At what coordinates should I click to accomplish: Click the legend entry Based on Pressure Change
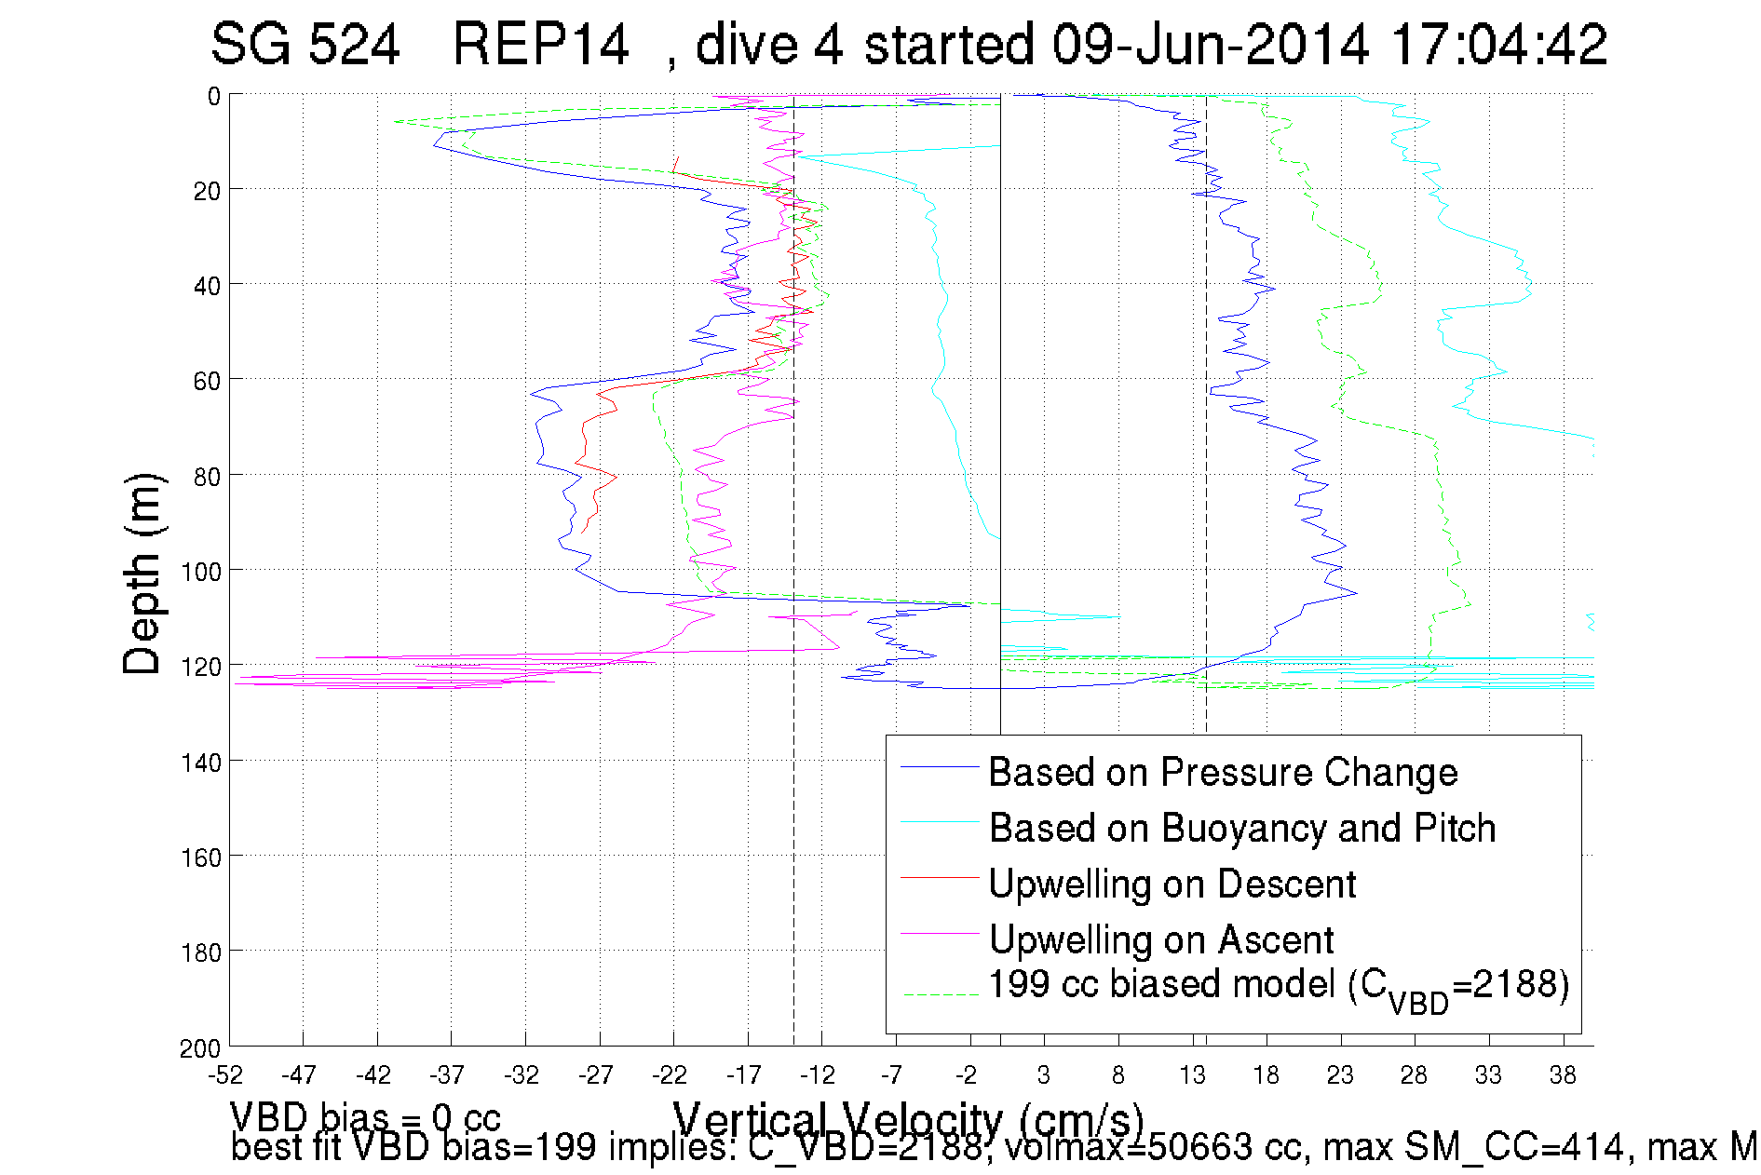[x=1222, y=773]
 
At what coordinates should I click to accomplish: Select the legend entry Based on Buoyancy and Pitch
[x=1241, y=829]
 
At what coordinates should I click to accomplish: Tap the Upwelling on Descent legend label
[x=1172, y=885]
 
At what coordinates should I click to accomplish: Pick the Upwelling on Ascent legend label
[x=1160, y=940]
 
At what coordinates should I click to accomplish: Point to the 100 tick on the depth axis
[x=200, y=572]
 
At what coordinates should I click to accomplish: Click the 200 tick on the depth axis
[x=200, y=1048]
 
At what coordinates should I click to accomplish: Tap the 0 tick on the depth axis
[x=214, y=96]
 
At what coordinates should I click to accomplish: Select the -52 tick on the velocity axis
[x=225, y=1075]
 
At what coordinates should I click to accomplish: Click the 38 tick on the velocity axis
[x=1563, y=1075]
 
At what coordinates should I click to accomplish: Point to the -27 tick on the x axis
[x=596, y=1075]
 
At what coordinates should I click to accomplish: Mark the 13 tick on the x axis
[x=1192, y=1075]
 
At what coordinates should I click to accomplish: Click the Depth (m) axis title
[x=143, y=574]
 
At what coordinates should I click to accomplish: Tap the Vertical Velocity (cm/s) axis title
[x=908, y=1117]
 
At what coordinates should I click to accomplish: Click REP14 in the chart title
[x=540, y=44]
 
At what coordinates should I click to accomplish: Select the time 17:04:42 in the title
[x=1498, y=44]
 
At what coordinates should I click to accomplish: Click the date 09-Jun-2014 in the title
[x=1210, y=44]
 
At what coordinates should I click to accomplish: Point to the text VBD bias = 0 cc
[x=365, y=1116]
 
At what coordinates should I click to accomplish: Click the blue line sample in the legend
[x=940, y=766]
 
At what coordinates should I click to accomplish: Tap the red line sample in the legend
[x=940, y=877]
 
